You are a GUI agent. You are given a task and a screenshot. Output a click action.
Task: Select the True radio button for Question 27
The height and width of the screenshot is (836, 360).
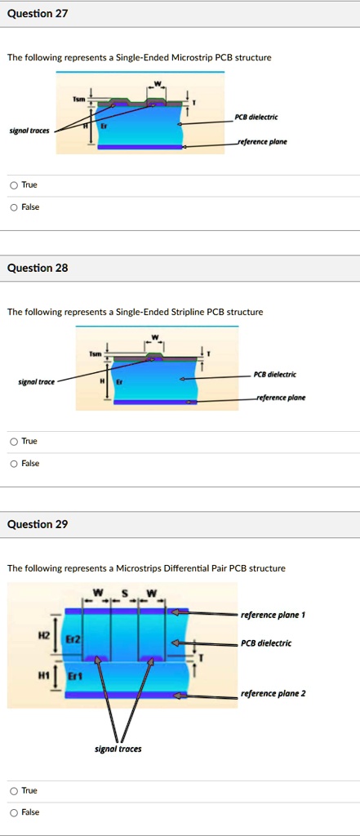coord(13,185)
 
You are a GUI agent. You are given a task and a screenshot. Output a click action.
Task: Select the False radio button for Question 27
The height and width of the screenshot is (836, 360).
coord(13,207)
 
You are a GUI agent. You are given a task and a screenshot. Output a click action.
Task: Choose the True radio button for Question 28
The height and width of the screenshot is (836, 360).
coord(13,442)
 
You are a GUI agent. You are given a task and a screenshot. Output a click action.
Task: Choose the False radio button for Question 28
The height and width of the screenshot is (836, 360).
coord(13,464)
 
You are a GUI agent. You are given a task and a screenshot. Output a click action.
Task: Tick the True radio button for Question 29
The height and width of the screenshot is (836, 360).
coord(13,790)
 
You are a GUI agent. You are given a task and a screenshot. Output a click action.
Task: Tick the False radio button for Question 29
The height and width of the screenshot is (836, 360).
coord(13,812)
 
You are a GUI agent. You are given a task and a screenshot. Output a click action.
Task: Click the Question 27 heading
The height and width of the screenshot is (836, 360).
coord(38,14)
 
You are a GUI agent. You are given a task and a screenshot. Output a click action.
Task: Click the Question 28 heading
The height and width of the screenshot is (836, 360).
coord(38,268)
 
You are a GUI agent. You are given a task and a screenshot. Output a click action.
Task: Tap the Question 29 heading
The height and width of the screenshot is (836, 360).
coord(38,525)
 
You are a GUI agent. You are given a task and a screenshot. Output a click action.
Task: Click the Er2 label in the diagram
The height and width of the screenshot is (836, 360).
coord(72,638)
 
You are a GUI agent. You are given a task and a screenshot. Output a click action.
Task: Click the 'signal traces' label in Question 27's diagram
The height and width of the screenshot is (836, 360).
coord(29,131)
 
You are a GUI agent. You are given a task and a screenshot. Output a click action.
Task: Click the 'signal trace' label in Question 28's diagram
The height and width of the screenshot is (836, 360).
coord(36,382)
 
